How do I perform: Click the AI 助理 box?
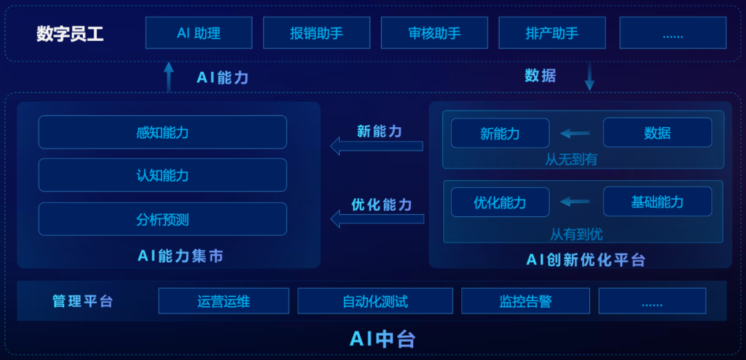[198, 32]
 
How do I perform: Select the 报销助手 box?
[316, 32]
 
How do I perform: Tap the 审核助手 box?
[434, 32]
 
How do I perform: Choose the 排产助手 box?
[552, 32]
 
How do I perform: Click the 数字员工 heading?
[70, 34]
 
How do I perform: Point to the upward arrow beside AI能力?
[169, 77]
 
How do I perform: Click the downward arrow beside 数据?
[589, 77]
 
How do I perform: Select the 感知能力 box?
[162, 132]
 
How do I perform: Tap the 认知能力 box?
[162, 175]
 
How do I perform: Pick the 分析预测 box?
[162, 219]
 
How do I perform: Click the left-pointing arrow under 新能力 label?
[376, 146]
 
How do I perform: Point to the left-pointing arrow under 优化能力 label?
[377, 219]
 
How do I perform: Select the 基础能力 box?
[657, 202]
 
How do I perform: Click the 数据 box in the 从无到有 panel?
[657, 133]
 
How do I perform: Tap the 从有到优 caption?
[576, 234]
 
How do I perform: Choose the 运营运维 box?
[223, 301]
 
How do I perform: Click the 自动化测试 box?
[375, 301]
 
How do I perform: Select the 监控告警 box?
[525, 301]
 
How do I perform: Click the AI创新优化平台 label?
[586, 260]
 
